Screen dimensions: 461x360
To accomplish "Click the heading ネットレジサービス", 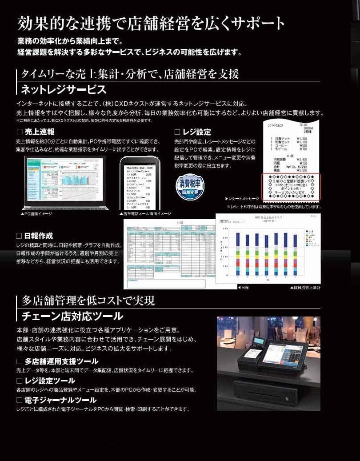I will [64, 90].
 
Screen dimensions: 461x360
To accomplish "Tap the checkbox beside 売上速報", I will [19, 132].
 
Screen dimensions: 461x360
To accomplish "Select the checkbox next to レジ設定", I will [177, 132].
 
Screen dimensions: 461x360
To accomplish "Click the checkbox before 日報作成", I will [19, 236].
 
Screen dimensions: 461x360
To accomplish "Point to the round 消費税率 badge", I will [190, 187].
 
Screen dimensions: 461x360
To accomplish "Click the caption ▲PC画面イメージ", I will [36, 214].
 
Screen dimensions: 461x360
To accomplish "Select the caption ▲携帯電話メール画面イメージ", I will [145, 214].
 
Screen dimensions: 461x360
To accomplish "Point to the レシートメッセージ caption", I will [243, 198].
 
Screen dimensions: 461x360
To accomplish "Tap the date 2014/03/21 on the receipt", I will [278, 125].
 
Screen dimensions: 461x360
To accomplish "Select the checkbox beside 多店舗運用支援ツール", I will [19, 361].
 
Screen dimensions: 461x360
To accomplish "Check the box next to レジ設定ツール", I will [19, 381].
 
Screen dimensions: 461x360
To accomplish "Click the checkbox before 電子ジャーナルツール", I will [19, 400].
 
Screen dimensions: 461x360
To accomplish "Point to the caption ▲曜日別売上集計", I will [305, 288].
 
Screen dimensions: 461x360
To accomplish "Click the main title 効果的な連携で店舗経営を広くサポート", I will [151, 23].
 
